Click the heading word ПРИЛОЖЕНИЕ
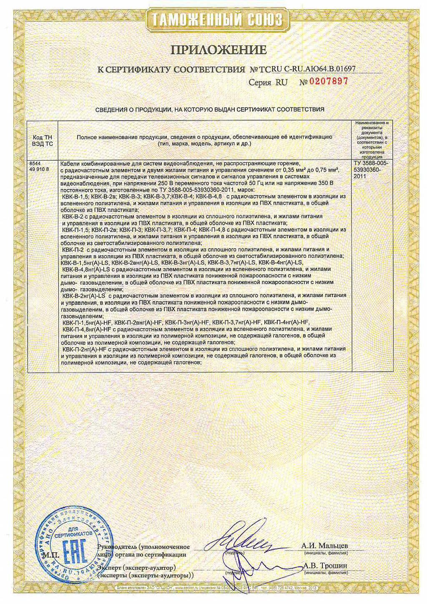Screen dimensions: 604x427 [x=219, y=50]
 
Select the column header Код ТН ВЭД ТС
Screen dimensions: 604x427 [x=42, y=140]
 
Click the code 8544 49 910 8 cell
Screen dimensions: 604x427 [x=40, y=166]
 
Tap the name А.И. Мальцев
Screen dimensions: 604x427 [x=324, y=546]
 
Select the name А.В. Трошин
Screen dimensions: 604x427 [x=325, y=566]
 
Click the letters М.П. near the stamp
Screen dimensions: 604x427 [x=50, y=555]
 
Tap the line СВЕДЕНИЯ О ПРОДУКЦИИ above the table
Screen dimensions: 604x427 [x=210, y=110]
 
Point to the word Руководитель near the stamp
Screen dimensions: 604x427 [x=116, y=547]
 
